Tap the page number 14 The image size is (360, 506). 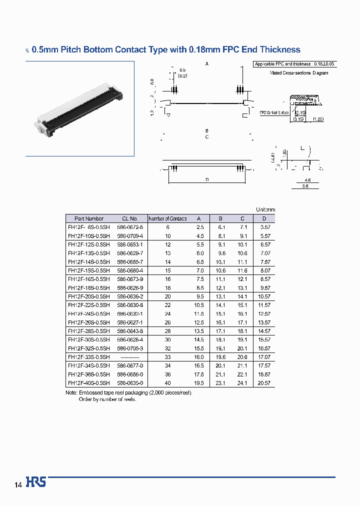[x=18, y=485]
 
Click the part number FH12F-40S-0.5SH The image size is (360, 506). [x=88, y=383]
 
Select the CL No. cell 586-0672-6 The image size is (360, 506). [x=130, y=227]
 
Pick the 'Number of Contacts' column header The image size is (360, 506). [x=168, y=218]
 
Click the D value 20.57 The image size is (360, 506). [x=264, y=383]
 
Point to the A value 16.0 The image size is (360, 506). [x=198, y=357]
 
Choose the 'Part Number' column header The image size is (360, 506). [x=89, y=218]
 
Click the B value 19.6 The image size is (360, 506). [x=221, y=357]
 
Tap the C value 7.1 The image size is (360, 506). [x=243, y=227]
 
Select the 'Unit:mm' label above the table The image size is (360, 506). [x=265, y=210]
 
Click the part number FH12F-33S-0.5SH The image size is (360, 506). [x=88, y=357]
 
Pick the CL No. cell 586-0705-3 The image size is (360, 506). [x=130, y=348]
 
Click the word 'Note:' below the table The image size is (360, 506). [x=71, y=392]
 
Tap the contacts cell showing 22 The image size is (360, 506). [x=168, y=305]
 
